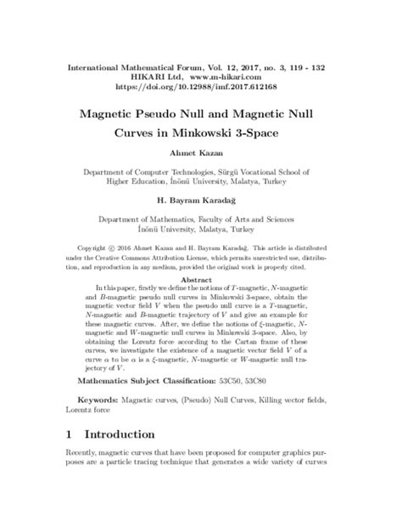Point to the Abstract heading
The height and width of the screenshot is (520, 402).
(x=200, y=277)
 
